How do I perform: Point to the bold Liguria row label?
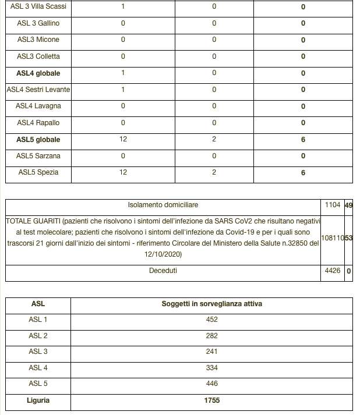point(38,400)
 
